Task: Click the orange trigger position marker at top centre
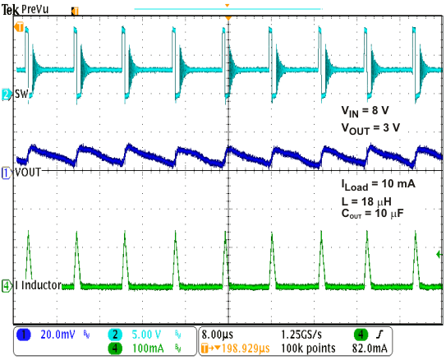pos(228,17)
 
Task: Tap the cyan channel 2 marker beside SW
pos(7,95)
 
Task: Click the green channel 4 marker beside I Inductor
pos(7,286)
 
